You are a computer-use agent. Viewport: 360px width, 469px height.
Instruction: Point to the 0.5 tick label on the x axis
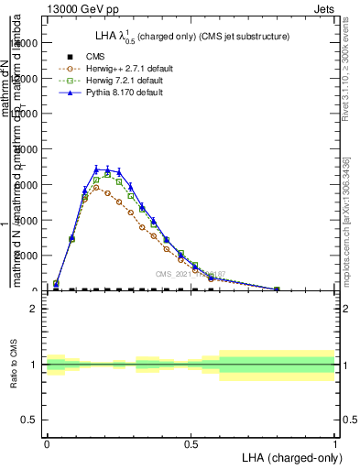click(191, 442)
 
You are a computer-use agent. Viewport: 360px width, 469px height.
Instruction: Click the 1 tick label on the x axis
click(335, 442)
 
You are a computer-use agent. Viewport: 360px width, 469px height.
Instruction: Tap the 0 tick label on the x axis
click(47, 442)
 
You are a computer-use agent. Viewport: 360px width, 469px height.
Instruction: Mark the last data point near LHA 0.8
click(277, 289)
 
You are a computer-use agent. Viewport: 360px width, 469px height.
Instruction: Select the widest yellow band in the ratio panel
click(277, 365)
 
